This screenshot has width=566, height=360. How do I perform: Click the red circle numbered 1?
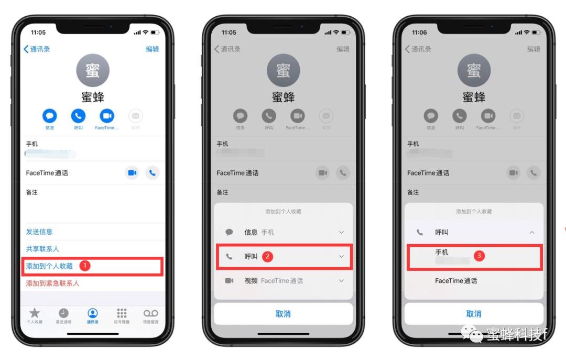click(x=85, y=266)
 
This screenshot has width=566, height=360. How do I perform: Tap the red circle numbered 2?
click(x=268, y=256)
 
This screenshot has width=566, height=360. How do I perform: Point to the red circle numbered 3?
click(x=478, y=256)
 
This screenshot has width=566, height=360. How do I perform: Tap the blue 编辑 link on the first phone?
click(x=152, y=49)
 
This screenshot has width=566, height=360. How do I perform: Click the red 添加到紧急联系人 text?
click(x=52, y=283)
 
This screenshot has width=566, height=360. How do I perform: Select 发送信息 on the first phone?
click(x=39, y=232)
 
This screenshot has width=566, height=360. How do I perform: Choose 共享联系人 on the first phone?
click(x=42, y=249)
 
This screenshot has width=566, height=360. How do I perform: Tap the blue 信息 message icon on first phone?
click(x=50, y=116)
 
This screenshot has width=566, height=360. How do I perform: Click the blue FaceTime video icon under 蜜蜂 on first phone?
click(x=107, y=116)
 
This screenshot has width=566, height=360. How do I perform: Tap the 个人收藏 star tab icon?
click(x=35, y=313)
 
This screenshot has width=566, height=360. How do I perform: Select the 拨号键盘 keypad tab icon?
click(x=122, y=313)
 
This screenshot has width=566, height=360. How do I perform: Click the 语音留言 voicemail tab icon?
click(x=151, y=313)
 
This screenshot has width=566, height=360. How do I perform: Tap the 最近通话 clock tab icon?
click(x=63, y=313)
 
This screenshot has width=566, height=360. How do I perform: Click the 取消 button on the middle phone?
click(x=283, y=314)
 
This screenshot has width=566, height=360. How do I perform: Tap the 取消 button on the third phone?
click(x=474, y=314)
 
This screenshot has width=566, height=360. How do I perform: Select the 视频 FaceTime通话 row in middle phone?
click(x=283, y=281)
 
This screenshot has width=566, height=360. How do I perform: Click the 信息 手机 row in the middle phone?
click(x=283, y=232)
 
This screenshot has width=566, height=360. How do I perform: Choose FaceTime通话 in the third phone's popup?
click(x=456, y=281)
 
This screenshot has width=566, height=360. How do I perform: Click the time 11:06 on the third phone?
click(x=419, y=32)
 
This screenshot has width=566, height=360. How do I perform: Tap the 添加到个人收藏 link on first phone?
click(x=49, y=266)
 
